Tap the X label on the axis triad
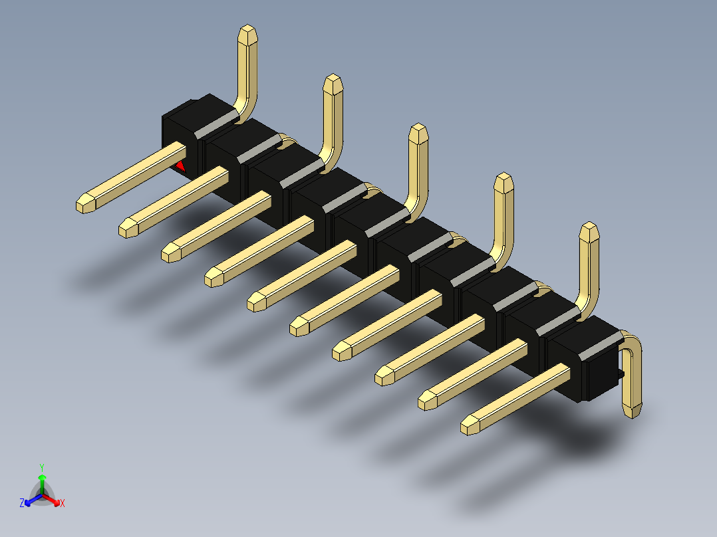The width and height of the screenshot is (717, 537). pos(63,503)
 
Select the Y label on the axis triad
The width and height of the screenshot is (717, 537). pos(41,467)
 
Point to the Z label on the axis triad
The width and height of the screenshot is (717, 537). pos(22,503)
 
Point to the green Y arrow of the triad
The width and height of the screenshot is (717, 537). pos(42,480)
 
